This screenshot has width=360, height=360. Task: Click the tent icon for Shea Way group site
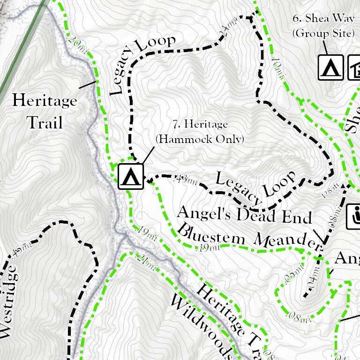click(331, 67)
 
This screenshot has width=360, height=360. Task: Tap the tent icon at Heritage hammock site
click(130, 176)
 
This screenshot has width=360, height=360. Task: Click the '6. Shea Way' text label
click(323, 19)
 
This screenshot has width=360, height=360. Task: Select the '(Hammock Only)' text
click(200, 139)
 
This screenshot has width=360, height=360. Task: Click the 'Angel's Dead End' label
click(244, 215)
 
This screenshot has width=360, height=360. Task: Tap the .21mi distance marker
click(147, 262)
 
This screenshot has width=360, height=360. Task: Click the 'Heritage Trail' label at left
click(44, 112)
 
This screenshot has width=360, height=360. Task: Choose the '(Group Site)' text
click(322, 33)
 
